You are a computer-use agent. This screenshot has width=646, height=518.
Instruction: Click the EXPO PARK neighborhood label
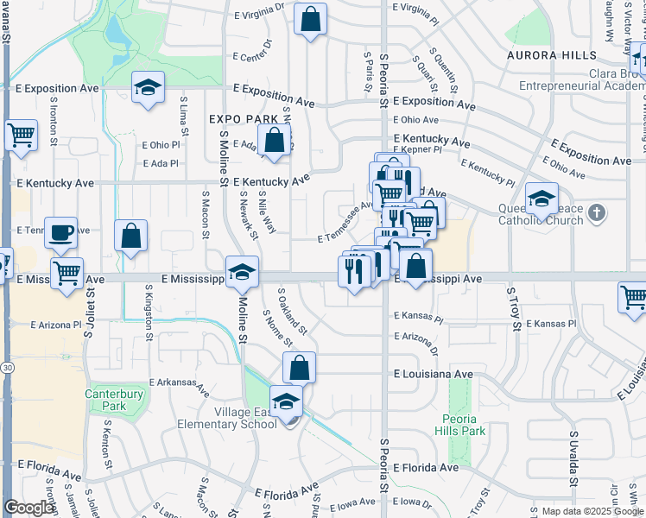(x=244, y=119)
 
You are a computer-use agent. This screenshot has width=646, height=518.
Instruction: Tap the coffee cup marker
(x=60, y=231)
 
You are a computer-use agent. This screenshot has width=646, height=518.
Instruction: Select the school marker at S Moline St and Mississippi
(x=242, y=271)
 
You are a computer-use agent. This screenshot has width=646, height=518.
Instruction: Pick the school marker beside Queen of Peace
(x=541, y=199)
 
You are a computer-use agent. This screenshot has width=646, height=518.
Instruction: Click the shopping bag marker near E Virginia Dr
(x=310, y=19)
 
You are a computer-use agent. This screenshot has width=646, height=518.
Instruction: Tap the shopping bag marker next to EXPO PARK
(x=275, y=140)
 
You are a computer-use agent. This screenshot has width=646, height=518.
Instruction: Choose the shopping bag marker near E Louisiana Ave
(x=299, y=367)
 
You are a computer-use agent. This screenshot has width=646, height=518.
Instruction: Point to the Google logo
(x=28, y=508)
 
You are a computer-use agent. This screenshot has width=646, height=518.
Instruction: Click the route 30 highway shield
(x=6, y=368)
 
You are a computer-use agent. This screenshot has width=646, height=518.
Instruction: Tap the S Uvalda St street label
(x=571, y=453)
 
